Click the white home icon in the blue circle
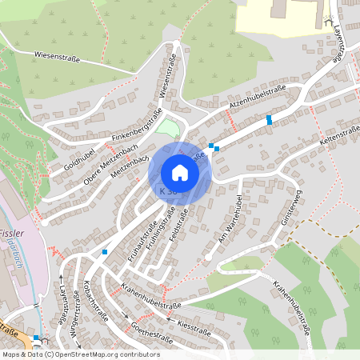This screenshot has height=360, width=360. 180,173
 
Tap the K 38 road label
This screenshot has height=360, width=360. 167,191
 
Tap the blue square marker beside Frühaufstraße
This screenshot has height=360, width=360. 105,252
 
